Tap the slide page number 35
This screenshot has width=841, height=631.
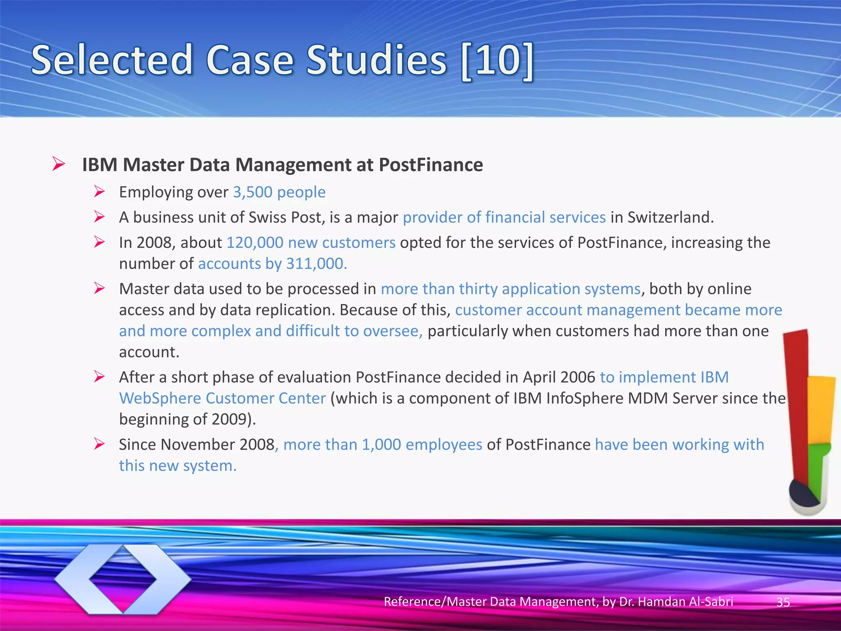[783, 602]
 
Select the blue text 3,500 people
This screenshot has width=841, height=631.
[279, 192]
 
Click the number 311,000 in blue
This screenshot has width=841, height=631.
[316, 264]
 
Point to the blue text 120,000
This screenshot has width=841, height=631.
[255, 243]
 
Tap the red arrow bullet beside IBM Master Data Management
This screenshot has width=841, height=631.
[59, 164]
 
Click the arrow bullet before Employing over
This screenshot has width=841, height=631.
[99, 191]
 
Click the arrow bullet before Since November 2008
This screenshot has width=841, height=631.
[99, 444]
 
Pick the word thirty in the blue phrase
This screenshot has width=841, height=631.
[478, 289]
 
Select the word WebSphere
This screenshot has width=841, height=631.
[160, 398]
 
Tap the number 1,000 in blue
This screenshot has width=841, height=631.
[381, 445]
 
